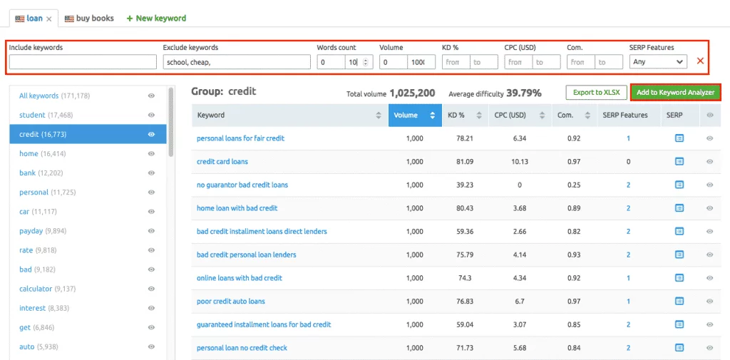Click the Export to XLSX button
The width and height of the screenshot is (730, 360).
point(597,93)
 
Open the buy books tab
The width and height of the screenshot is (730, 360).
point(89,19)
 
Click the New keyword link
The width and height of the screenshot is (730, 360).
point(156,19)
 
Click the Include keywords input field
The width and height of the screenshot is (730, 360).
point(83,62)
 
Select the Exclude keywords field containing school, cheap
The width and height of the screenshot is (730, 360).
point(236,62)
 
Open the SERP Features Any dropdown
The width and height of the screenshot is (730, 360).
point(658,62)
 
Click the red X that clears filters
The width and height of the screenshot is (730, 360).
point(700,61)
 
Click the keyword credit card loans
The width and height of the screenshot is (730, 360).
point(222,162)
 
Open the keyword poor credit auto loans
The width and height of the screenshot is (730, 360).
point(230,302)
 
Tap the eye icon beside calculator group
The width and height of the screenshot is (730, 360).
point(151,289)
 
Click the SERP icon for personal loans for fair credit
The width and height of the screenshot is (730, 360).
point(679,138)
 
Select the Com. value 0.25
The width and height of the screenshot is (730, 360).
point(573,185)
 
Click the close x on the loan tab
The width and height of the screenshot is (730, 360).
point(49,19)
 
